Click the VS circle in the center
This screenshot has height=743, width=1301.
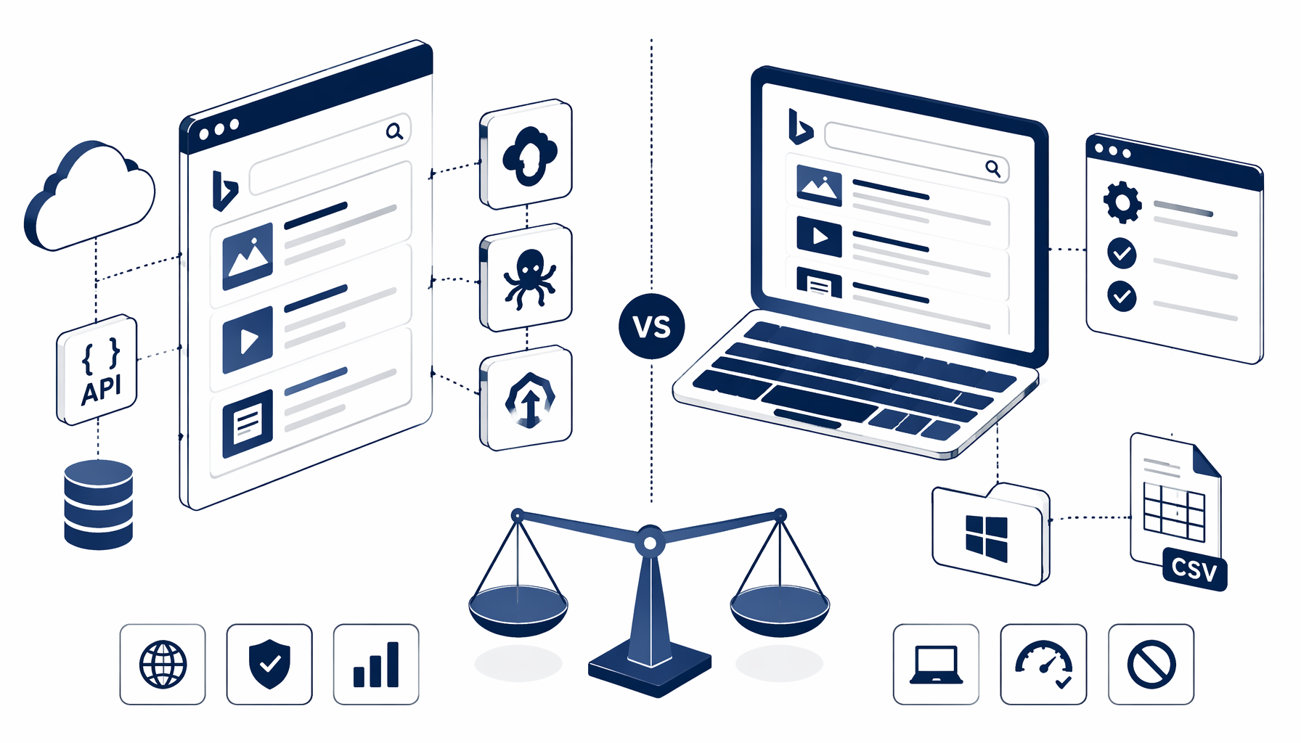click(x=651, y=327)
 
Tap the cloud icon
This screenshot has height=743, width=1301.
click(x=89, y=196)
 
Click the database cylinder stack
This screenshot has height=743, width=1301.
click(x=99, y=504)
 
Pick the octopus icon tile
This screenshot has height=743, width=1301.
click(x=526, y=278)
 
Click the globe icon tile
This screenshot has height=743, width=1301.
click(x=163, y=664)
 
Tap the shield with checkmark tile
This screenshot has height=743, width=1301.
click(x=269, y=664)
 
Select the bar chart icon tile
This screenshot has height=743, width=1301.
click(x=376, y=664)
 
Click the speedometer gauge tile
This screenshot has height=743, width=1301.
click(x=1043, y=664)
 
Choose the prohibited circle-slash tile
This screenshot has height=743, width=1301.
click(x=1151, y=664)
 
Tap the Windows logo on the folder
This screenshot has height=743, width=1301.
click(x=987, y=538)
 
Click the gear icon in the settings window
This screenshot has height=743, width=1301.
click(x=1122, y=202)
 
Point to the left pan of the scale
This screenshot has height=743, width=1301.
click(x=518, y=609)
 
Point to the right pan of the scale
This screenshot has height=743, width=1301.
click(x=780, y=609)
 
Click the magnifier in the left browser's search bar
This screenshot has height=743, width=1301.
click(x=394, y=131)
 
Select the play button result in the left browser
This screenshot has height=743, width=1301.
click(x=248, y=340)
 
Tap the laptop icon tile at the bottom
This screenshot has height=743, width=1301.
click(x=937, y=664)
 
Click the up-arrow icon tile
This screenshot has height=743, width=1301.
click(x=526, y=399)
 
